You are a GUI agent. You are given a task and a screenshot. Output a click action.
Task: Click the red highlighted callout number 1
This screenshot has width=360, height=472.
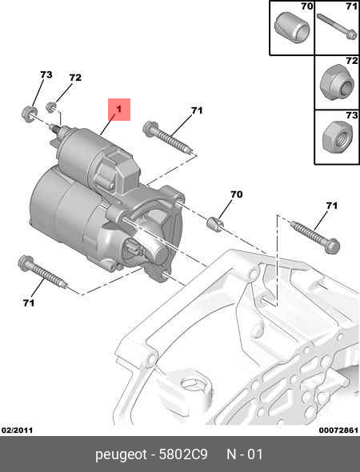click(119, 109)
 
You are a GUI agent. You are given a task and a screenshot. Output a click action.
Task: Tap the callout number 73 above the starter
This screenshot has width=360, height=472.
click(46, 74)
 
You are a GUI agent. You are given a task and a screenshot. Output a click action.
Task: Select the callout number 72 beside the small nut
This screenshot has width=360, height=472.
click(75, 78)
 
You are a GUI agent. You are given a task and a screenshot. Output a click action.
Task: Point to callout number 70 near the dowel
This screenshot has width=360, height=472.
click(237, 194)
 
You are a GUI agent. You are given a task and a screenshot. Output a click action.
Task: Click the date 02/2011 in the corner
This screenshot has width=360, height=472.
click(17, 430)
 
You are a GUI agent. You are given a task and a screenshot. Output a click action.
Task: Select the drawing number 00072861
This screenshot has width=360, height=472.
click(338, 430)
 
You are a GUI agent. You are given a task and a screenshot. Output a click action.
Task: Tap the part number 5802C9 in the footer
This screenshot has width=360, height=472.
click(183, 454)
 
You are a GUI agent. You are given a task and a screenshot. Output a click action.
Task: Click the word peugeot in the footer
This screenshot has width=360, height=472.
click(121, 455)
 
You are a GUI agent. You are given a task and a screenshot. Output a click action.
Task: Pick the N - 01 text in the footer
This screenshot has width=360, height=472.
click(245, 454)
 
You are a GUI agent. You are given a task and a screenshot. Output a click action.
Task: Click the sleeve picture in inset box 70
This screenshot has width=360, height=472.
click(292, 27)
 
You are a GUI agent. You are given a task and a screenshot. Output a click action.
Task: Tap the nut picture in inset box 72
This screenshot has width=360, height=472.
click(337, 82)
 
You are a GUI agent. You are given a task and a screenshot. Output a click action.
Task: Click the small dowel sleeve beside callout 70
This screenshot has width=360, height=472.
click(214, 224)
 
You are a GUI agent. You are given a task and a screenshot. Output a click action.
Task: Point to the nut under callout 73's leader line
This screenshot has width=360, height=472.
click(29, 114)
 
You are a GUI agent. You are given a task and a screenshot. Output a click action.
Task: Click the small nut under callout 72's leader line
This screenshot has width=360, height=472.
click(51, 107)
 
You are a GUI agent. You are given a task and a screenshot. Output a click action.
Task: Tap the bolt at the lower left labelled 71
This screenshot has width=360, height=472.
click(42, 272)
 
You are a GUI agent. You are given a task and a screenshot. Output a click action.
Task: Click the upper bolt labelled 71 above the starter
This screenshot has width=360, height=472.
click(168, 138)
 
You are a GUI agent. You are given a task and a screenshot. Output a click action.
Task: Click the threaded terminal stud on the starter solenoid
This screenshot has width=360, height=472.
click(55, 130)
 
